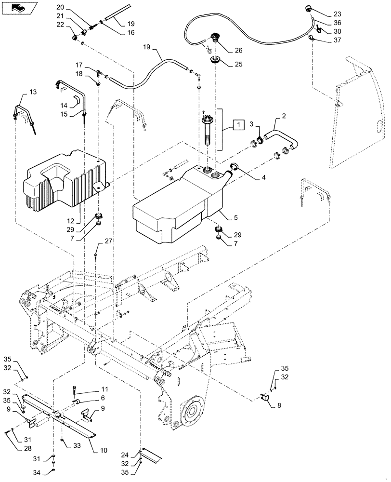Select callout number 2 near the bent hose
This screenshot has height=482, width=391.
284,116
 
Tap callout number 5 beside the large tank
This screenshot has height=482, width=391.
235,217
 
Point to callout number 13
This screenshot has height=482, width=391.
33,92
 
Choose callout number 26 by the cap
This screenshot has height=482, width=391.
239,50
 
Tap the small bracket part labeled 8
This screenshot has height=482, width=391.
265,398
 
